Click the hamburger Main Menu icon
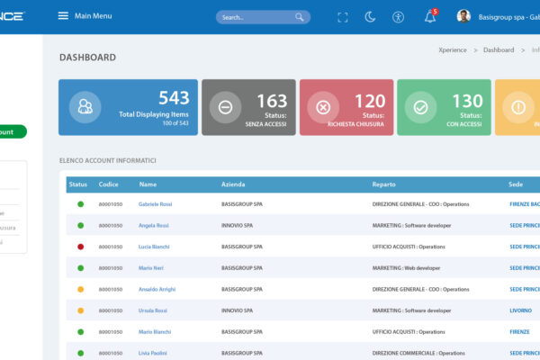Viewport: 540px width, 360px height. click(x=63, y=16)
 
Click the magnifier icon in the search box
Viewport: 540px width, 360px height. click(x=299, y=17)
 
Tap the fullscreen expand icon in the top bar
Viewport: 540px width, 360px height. click(x=342, y=17)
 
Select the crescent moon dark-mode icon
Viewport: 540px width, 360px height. click(x=370, y=17)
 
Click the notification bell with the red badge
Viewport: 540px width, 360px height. click(x=430, y=16)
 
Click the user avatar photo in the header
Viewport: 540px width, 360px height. click(x=463, y=16)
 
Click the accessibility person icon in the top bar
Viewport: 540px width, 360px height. click(x=399, y=17)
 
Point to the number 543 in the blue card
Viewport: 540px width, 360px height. click(x=174, y=99)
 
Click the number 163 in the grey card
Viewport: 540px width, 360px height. click(x=272, y=101)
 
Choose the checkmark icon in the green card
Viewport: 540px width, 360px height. click(x=420, y=107)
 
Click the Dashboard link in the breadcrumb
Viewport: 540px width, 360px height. click(x=499, y=50)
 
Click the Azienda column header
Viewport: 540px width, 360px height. click(x=232, y=184)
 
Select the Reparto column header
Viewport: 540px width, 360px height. click(x=383, y=184)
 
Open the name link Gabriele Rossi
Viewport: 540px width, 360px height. click(x=155, y=204)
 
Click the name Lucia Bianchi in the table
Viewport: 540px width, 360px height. click(x=155, y=247)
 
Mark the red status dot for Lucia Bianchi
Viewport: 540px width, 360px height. click(x=80, y=247)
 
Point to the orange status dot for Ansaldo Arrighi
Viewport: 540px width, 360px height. click(x=80, y=289)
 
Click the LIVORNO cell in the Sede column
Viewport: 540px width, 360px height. click(x=521, y=310)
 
